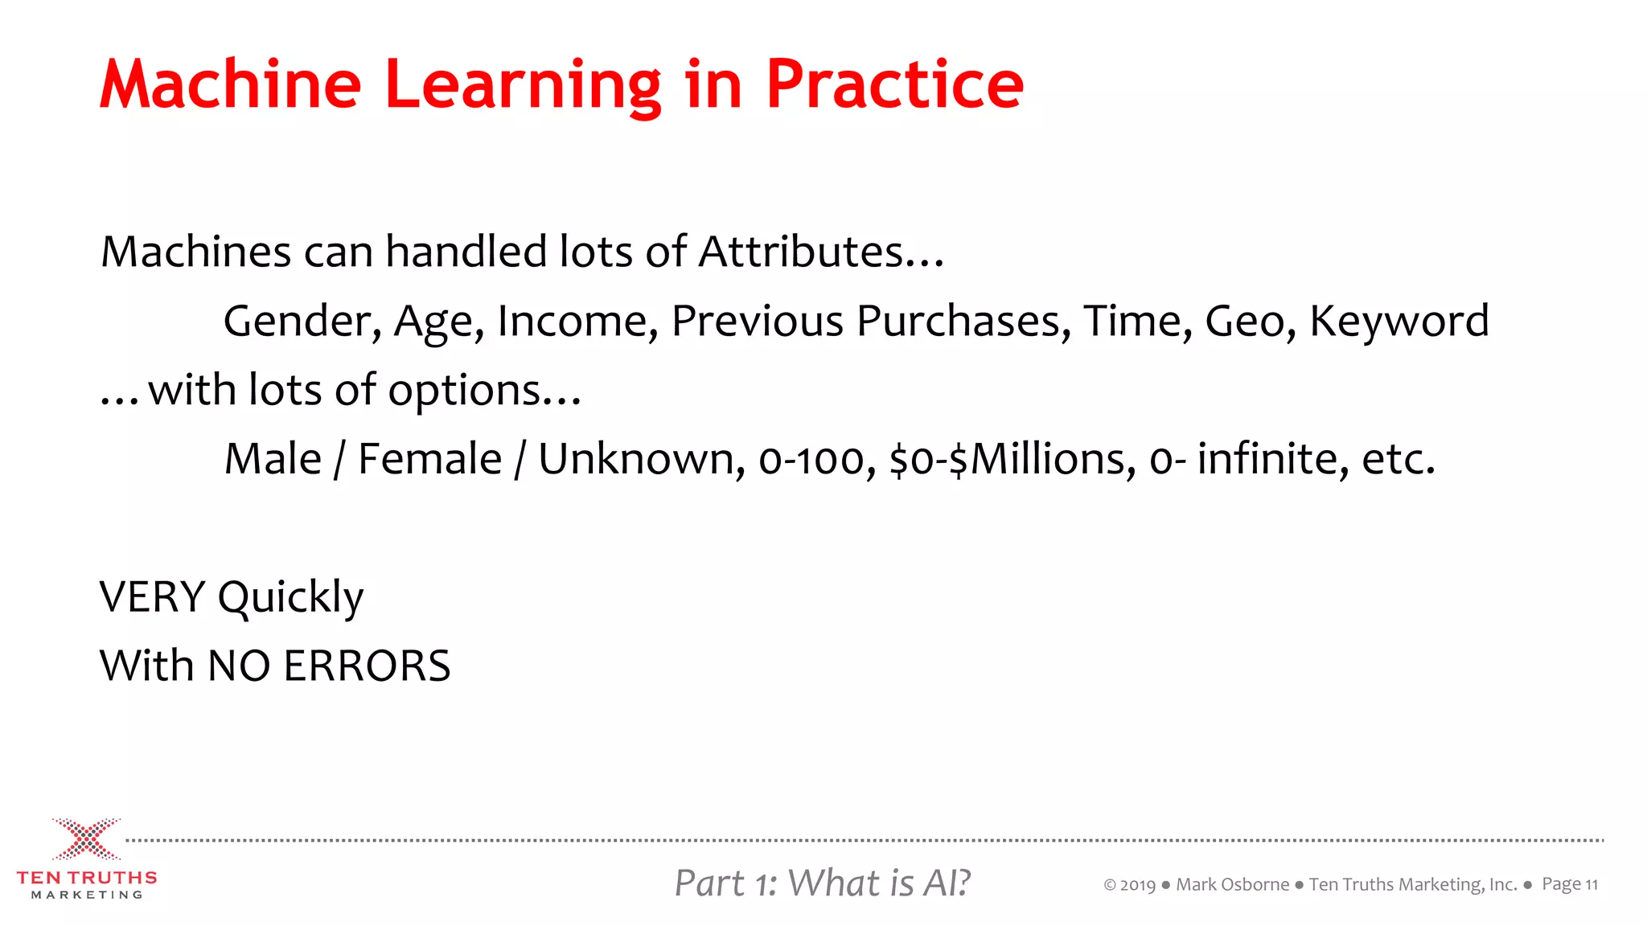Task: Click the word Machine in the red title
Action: (231, 85)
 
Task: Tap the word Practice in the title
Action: (894, 85)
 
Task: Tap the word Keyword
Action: (1399, 321)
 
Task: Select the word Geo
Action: (1250, 321)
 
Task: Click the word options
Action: (465, 391)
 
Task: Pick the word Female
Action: (429, 459)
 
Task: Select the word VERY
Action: (153, 597)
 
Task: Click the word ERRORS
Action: (367, 666)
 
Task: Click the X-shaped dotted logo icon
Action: (87, 839)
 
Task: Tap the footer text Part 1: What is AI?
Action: (822, 883)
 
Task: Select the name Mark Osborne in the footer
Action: (1232, 885)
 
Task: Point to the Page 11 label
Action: (1569, 885)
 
